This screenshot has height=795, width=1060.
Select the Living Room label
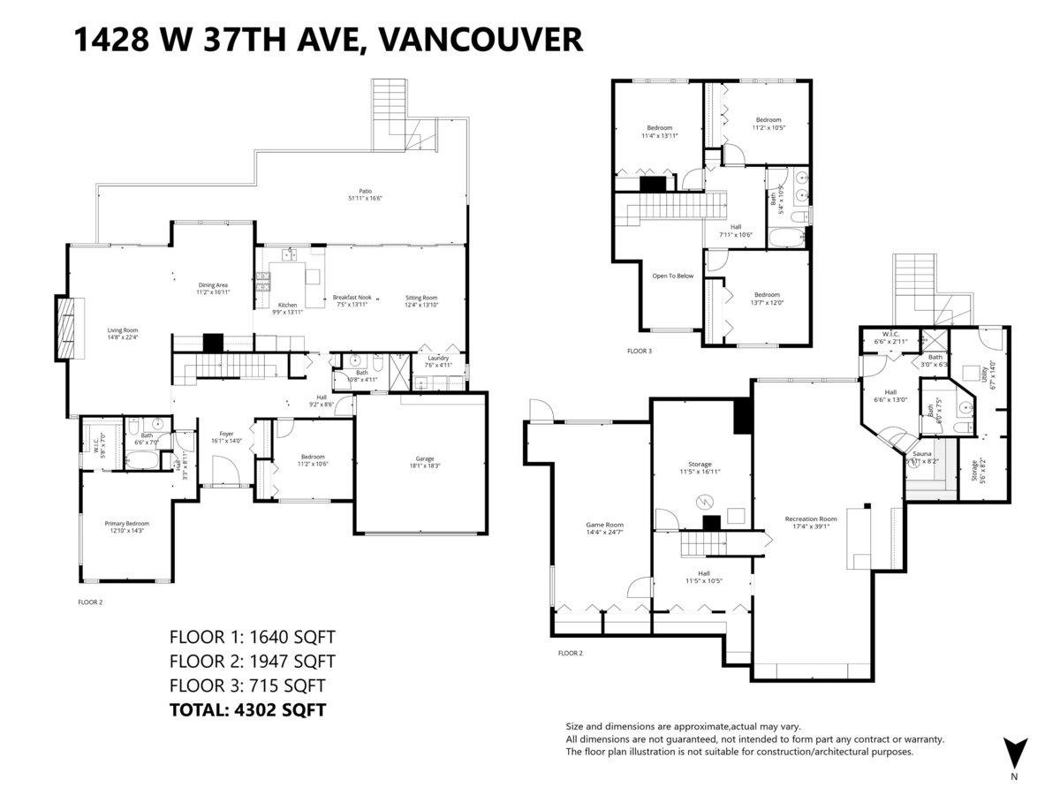click(x=122, y=333)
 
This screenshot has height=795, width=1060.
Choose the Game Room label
click(x=604, y=528)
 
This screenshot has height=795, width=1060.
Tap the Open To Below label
click(x=672, y=276)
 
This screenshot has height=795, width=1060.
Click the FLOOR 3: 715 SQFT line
click(x=246, y=685)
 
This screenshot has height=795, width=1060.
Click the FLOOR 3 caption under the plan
click(x=639, y=352)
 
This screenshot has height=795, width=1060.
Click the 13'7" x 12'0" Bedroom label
click(x=767, y=299)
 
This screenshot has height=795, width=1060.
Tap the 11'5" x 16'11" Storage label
click(x=700, y=468)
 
